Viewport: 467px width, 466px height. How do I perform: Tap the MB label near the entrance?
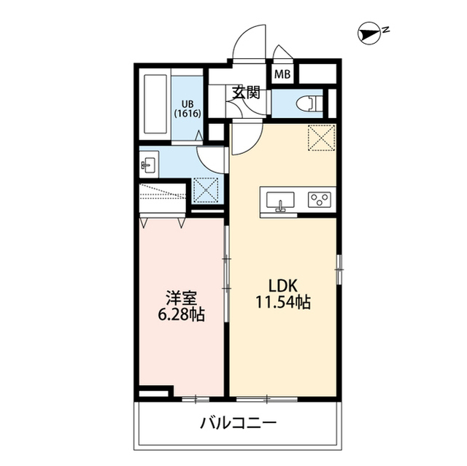[282, 74]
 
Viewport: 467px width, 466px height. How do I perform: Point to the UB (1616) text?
[187, 108]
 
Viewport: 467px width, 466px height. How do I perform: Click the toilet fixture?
[311, 103]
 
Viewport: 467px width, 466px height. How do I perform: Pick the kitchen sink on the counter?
[280, 201]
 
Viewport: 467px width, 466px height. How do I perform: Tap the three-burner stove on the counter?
[319, 200]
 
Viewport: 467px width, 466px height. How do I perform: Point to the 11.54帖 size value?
[283, 302]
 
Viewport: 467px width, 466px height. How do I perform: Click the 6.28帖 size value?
[180, 315]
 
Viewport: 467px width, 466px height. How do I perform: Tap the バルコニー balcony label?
[238, 423]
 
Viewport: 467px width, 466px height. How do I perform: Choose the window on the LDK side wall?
[339, 270]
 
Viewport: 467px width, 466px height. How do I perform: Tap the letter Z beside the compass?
[386, 30]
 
